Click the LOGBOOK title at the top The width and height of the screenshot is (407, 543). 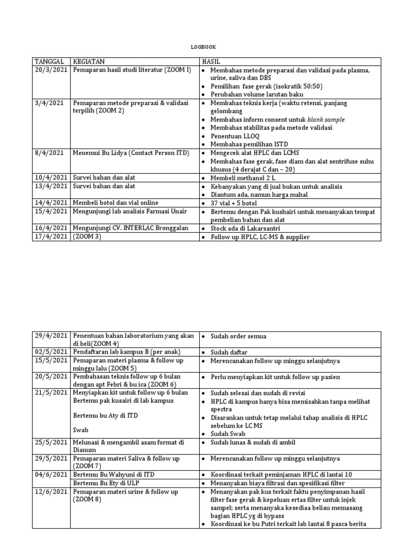(x=203, y=47)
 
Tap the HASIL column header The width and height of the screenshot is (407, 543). (x=210, y=62)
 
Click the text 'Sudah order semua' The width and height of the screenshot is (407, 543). (x=238, y=336)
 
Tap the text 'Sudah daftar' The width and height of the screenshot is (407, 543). (x=229, y=353)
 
